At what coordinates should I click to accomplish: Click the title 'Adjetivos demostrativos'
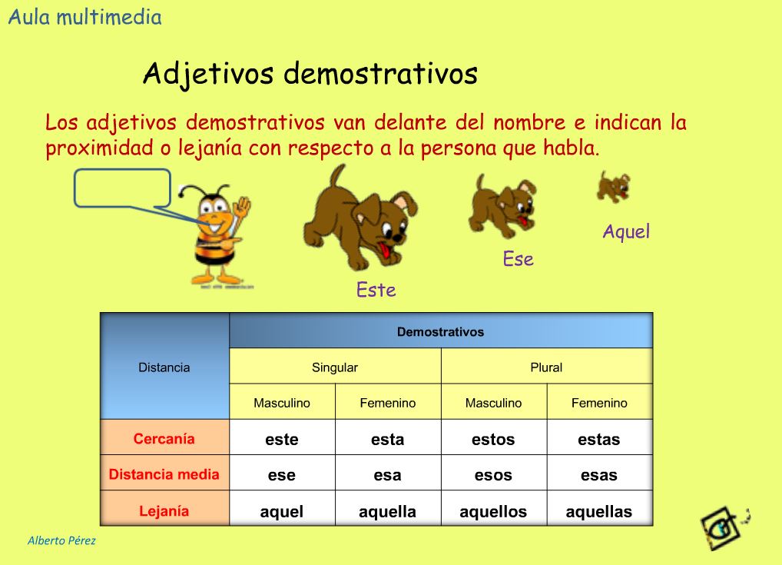[x=310, y=75]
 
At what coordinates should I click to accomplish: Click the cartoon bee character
[x=220, y=234]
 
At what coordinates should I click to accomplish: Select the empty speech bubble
[x=122, y=188]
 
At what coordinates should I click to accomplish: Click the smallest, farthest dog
[x=613, y=187]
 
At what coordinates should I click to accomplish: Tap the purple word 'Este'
[x=376, y=290]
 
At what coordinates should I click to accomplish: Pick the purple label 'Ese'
[x=518, y=259]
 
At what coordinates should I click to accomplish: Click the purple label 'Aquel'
[x=626, y=231]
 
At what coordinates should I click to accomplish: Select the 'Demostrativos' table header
[x=440, y=332]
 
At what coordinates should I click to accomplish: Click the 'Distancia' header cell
[x=164, y=367]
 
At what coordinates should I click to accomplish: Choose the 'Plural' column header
[x=546, y=367]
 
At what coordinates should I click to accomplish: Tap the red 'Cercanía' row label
[x=164, y=439]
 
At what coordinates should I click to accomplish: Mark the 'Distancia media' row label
[x=164, y=474]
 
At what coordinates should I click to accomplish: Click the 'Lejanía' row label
[x=164, y=510]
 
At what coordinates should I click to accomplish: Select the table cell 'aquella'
[x=387, y=511]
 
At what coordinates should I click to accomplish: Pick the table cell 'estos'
[x=493, y=440]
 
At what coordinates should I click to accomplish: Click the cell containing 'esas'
[x=599, y=475]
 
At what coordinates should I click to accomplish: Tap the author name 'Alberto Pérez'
[x=61, y=540]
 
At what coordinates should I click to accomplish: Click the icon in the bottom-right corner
[x=724, y=528]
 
